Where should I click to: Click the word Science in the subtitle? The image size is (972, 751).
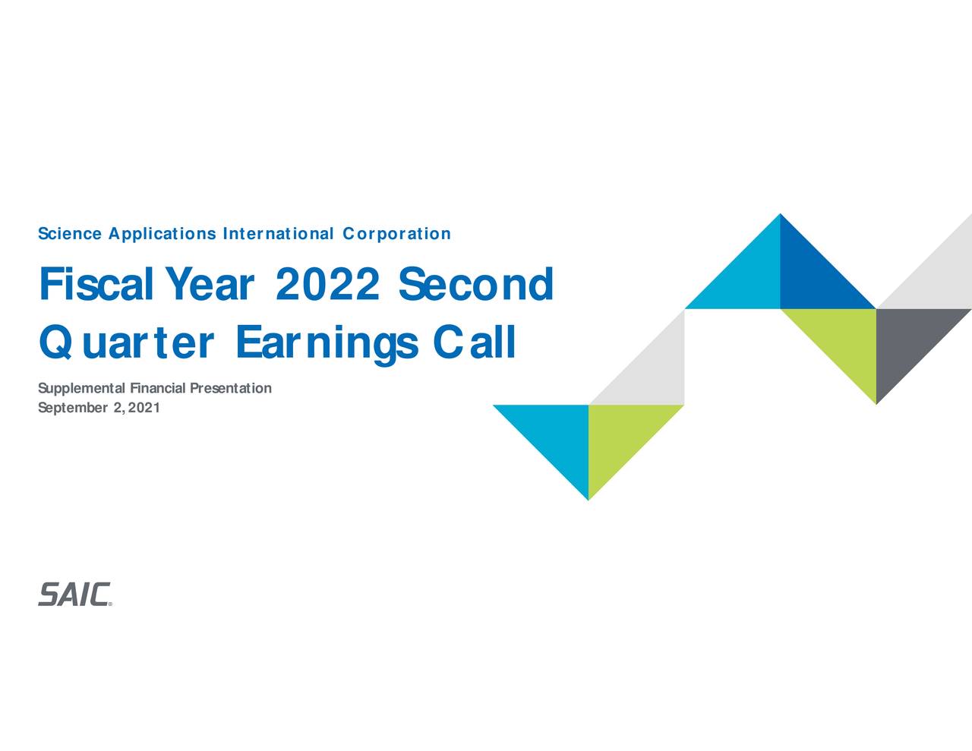point(69,234)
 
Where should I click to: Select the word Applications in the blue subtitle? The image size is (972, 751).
point(162,234)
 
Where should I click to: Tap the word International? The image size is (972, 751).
point(278,234)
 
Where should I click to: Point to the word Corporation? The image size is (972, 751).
point(396,234)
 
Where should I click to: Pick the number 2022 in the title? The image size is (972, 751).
point(327,285)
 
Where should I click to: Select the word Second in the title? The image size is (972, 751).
point(475,285)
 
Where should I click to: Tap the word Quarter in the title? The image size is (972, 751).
point(126,342)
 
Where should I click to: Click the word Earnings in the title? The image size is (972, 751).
point(327,342)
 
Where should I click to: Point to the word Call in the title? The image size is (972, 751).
point(475,342)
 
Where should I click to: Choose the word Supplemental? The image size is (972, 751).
point(83,389)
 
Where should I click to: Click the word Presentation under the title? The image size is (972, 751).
point(230,389)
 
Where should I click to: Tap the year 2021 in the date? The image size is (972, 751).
point(144,409)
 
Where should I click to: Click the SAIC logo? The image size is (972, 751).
point(74,595)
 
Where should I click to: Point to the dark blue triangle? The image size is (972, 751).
point(811,277)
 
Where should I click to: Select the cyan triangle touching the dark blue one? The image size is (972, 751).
point(748,277)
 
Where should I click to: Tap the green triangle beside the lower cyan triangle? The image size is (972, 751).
point(619,437)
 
